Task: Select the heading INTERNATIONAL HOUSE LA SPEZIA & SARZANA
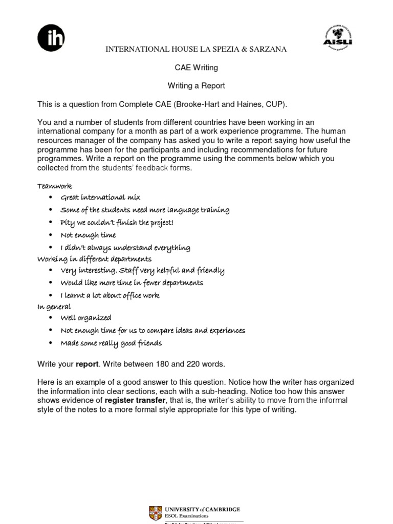pos(196,49)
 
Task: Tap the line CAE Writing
pos(196,67)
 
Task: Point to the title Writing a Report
pos(196,85)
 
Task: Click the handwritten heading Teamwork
pos(55,186)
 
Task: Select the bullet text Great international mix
pos(100,198)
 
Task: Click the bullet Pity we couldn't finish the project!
pos(117,223)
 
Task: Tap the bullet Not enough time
pos(88,235)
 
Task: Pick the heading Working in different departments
pos(94,259)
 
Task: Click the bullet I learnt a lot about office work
pos(110,295)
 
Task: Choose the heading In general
pos(54,307)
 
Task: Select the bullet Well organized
pos(85,318)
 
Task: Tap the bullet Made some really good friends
pos(111,343)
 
